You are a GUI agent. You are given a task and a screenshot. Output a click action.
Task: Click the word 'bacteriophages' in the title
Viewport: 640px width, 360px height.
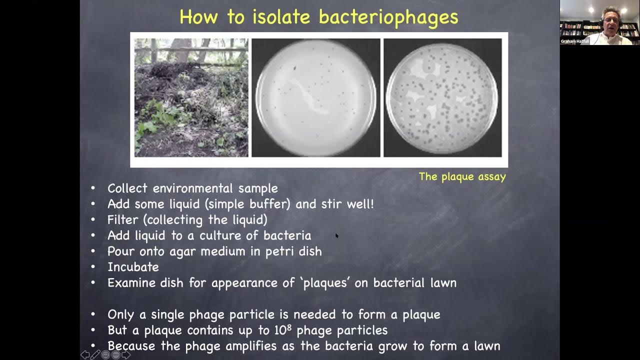[x=388, y=17]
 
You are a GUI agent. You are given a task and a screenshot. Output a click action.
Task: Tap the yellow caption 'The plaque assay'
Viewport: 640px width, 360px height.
[x=462, y=176]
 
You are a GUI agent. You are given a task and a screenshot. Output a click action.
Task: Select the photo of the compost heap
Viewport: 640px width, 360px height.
[x=191, y=98]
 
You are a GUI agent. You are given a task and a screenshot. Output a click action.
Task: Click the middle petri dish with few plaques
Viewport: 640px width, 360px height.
[x=315, y=98]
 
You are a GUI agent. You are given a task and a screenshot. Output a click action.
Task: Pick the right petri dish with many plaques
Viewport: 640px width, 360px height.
[x=442, y=98]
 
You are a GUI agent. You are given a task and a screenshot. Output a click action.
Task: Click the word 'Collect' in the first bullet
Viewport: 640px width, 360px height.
[x=127, y=188]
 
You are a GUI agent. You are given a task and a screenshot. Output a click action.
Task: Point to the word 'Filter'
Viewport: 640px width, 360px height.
[x=122, y=220]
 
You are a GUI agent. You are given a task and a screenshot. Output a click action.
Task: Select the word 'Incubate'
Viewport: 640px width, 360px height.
[x=133, y=267]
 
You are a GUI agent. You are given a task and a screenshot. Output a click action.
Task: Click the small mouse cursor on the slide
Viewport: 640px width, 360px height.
[x=337, y=235]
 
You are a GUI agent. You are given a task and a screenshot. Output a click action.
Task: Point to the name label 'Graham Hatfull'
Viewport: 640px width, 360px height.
[x=575, y=41]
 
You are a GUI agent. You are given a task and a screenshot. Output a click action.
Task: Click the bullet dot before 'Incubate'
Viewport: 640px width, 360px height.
[x=93, y=267]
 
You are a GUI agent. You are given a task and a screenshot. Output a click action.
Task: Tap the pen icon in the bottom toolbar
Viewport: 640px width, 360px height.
[x=95, y=355]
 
